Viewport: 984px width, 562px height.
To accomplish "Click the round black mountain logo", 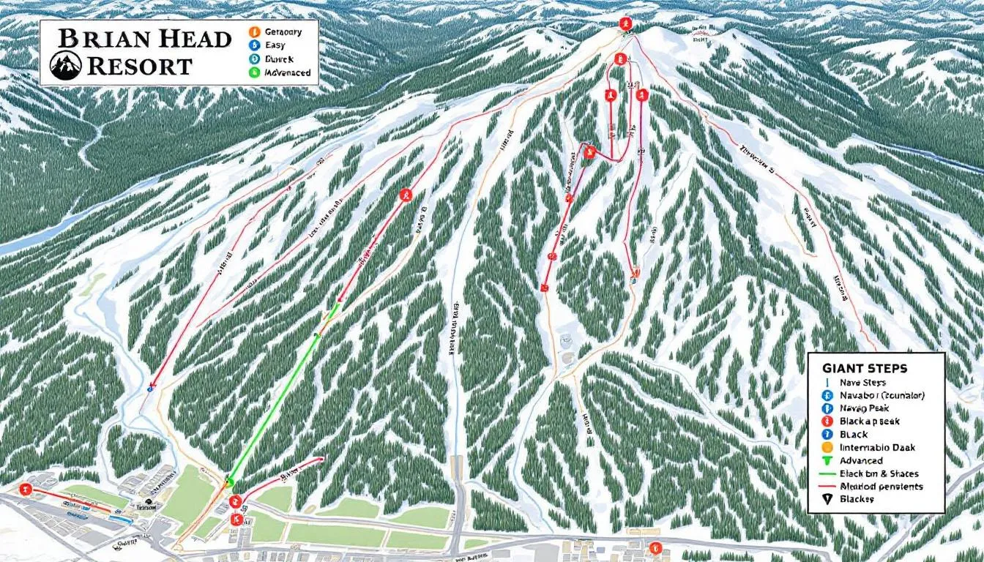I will tap(64, 66).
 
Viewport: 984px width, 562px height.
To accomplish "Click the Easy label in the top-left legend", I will tap(277, 45).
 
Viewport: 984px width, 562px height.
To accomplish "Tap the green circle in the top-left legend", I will tap(254, 72).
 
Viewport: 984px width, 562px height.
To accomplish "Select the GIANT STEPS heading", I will tap(865, 368).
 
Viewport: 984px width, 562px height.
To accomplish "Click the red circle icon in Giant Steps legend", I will tap(827, 421).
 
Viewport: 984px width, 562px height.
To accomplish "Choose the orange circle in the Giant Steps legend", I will tap(827, 447).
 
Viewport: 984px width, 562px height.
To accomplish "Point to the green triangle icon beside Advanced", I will tap(827, 460).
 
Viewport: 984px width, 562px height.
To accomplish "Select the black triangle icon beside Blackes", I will tap(827, 499).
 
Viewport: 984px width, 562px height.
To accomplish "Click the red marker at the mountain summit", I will tap(625, 23).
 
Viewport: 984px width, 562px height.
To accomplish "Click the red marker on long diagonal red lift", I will tap(406, 195).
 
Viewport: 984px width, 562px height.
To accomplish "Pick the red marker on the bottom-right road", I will tap(655, 547).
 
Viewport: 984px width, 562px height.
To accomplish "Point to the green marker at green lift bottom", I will tap(228, 481).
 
